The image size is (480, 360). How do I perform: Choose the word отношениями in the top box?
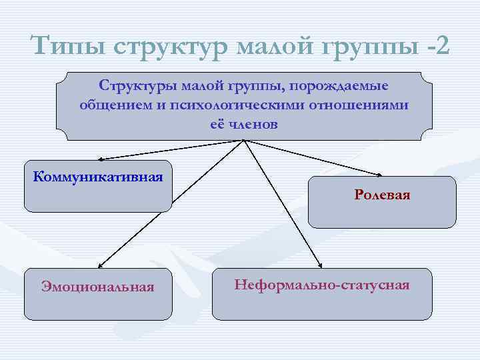coord(369,105)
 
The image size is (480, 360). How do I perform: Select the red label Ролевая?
coord(382,195)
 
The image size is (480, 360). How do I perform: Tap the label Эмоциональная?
coord(97,287)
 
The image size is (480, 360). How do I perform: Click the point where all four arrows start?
coord(245,141)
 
